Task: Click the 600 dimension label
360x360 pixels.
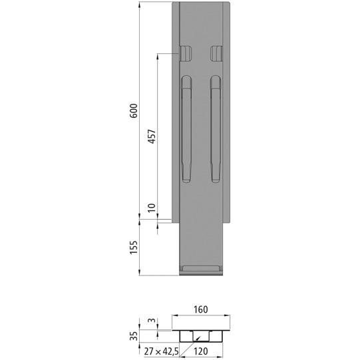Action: coord(134,110)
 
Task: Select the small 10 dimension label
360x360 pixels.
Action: coord(152,208)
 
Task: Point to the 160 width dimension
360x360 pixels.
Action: coord(202,309)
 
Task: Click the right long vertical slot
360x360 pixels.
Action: coord(216,129)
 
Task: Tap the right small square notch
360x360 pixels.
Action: coord(216,53)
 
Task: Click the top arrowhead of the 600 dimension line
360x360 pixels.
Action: coord(139,4)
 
